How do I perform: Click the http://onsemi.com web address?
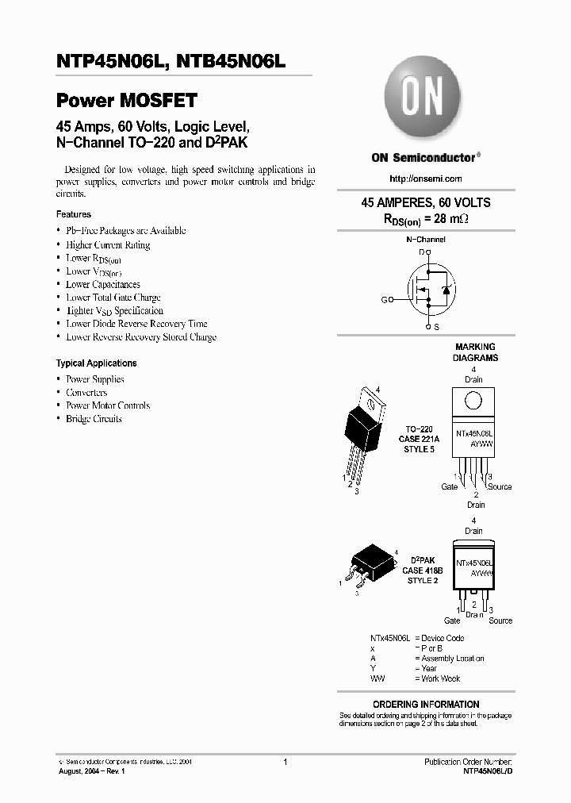tap(426, 179)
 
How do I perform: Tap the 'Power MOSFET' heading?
tap(126, 101)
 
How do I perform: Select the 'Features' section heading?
tap(74, 214)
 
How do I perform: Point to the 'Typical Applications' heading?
tap(96, 363)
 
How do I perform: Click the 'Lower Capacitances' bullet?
tap(103, 284)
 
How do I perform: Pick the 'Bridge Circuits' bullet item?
tap(94, 419)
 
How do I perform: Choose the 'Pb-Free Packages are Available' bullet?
tap(125, 231)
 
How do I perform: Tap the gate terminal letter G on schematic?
tap(385, 300)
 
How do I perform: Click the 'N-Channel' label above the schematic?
tap(426, 239)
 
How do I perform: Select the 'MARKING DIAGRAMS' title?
tap(475, 352)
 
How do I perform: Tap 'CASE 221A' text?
tap(420, 440)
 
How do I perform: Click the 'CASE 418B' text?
tap(423, 571)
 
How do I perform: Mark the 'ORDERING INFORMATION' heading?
tap(426, 705)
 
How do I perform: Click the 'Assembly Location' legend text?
tap(452, 659)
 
